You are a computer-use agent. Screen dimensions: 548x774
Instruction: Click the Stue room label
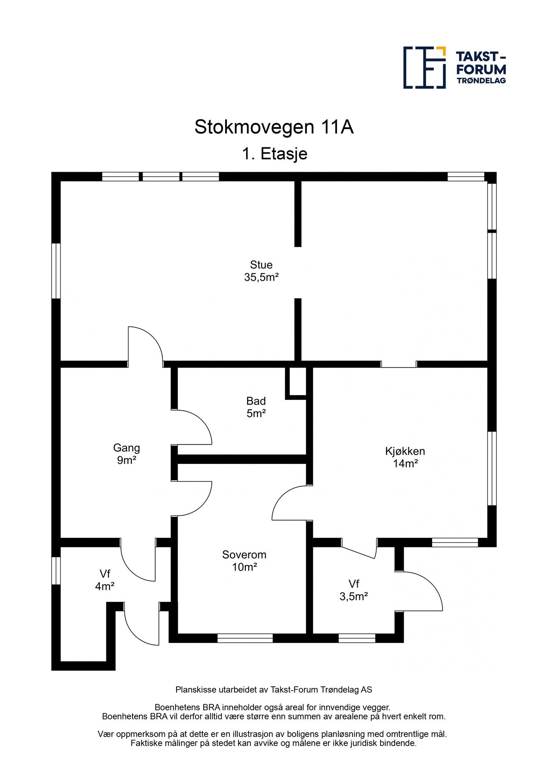tap(261, 264)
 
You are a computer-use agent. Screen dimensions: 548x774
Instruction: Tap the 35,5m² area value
tap(261, 277)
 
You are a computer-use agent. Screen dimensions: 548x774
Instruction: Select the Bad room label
tap(256, 401)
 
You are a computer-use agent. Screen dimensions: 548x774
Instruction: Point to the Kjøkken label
tap(405, 451)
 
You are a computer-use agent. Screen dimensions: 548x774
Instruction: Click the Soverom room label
tap(244, 555)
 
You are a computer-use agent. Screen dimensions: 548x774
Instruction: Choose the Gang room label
tap(126, 448)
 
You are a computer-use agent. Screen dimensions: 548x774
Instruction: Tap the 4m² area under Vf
tap(105, 586)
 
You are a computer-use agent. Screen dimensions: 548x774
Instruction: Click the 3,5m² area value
tap(353, 596)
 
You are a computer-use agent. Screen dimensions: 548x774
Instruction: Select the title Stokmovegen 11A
tap(274, 127)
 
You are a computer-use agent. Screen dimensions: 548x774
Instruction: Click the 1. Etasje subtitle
tap(275, 154)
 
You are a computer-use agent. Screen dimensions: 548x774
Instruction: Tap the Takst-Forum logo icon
tap(424, 68)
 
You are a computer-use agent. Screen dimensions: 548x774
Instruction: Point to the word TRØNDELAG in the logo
tap(481, 80)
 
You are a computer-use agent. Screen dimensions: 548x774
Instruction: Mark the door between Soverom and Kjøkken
tap(291, 503)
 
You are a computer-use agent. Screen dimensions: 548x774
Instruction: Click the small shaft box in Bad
tap(296, 381)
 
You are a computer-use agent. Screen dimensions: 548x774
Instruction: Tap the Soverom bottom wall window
tap(245, 638)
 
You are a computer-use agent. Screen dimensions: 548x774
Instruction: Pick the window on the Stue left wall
tap(56, 271)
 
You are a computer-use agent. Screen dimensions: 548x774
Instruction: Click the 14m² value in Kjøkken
tap(405, 464)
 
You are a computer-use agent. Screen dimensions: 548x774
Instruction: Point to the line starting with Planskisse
tap(273, 690)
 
